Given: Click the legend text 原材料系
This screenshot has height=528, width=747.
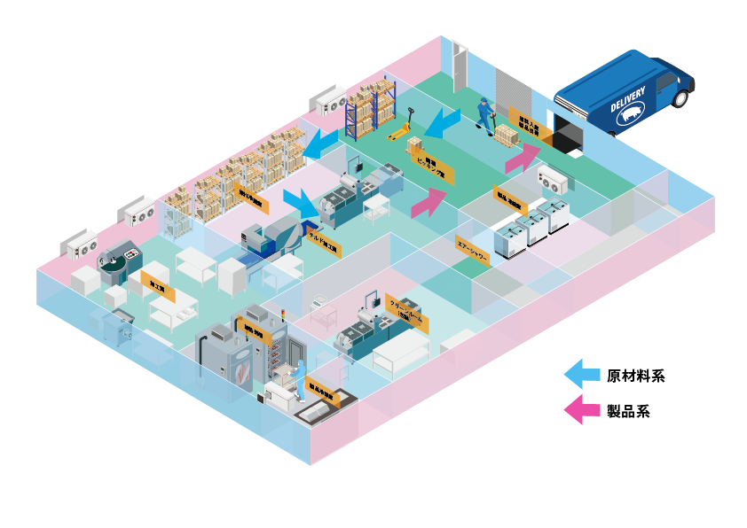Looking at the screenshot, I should click(x=635, y=376).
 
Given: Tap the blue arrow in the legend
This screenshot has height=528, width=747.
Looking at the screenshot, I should click(x=582, y=374).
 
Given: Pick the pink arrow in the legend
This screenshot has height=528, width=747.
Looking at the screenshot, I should click(x=582, y=409).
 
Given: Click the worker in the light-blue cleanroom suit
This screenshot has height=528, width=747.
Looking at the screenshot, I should click(x=299, y=372).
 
